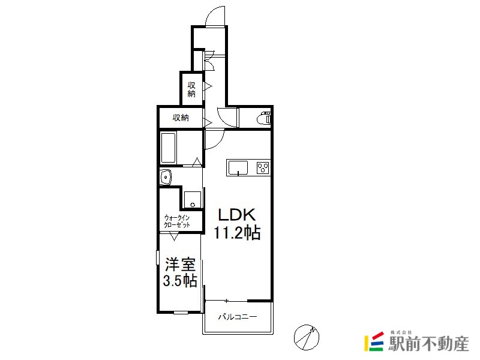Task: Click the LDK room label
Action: tap(236, 215)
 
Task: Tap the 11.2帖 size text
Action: tap(236, 233)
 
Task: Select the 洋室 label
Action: tap(181, 265)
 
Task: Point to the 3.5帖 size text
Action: tap(179, 281)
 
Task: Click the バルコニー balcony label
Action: tap(238, 317)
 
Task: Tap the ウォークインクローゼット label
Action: tap(177, 221)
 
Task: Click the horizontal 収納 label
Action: tap(181, 117)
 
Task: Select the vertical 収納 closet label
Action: tap(191, 89)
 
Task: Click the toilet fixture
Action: tap(265, 118)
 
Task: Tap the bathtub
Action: tap(168, 148)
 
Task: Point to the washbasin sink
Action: tap(166, 177)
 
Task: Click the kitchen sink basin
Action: tap(238, 168)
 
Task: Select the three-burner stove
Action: tap(263, 168)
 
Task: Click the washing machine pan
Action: tap(193, 200)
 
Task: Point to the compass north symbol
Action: tap(307, 337)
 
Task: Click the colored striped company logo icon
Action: tap(374, 341)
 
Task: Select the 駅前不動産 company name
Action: tap(428, 344)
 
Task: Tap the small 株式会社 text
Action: tap(401, 332)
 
